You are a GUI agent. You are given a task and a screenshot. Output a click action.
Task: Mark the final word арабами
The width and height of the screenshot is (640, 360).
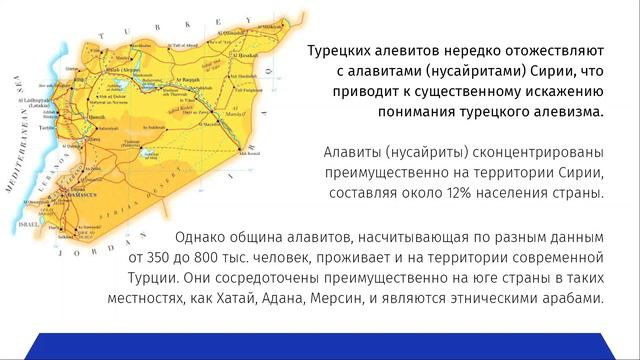569,300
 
